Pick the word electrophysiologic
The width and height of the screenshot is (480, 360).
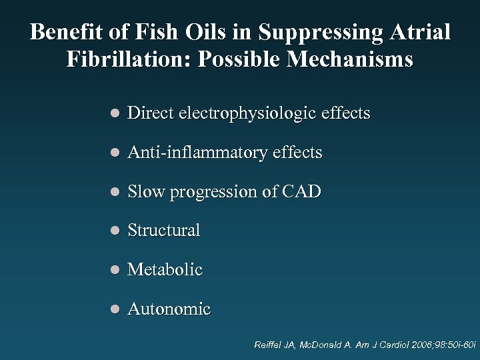pyautogui.click(x=245, y=114)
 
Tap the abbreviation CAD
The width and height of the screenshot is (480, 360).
pyautogui.click(x=301, y=192)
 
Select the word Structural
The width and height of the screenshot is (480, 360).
pyautogui.click(x=163, y=231)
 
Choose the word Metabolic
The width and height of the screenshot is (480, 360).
pyautogui.click(x=165, y=270)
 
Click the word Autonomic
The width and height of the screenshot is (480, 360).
pyautogui.click(x=169, y=309)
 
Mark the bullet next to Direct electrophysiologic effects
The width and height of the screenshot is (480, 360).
pyautogui.click(x=115, y=114)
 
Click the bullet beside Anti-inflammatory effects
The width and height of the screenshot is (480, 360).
pyautogui.click(x=115, y=153)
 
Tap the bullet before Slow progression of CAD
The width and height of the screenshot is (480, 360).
pyautogui.click(x=115, y=192)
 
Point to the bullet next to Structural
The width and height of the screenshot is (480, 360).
pyautogui.click(x=115, y=231)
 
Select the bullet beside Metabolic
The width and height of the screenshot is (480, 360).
pyautogui.click(x=115, y=271)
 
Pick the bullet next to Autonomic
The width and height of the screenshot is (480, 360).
pyautogui.click(x=115, y=310)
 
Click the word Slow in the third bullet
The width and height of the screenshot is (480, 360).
pyautogui.click(x=146, y=192)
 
